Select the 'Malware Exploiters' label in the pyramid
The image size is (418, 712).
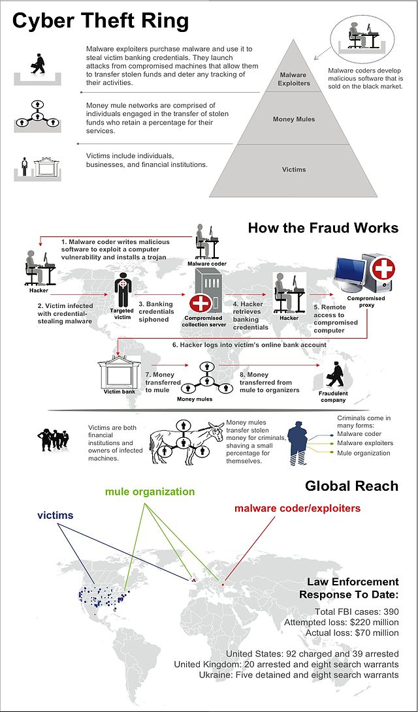tap(293, 79)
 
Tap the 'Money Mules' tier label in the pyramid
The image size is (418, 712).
tap(293, 119)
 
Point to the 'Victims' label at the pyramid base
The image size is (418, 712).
tap(293, 170)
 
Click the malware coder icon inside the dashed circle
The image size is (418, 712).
tap(359, 36)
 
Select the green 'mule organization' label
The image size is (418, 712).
tap(150, 491)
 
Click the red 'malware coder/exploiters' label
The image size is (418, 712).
tap(297, 508)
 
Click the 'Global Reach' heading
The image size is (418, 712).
tap(351, 487)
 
